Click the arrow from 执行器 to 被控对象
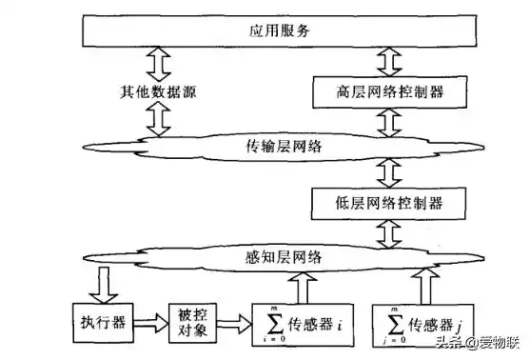pos(148,317)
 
